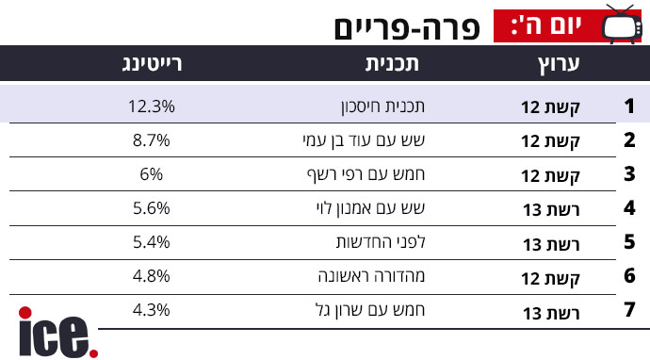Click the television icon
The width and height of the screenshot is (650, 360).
pos(622,25)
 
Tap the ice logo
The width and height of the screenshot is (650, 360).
pos(58,333)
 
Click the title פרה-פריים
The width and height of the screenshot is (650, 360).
pos(407,28)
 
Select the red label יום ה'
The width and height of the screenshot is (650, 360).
pos(547,25)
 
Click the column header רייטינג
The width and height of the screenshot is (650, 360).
pos(152,64)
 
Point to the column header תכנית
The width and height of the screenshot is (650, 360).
pos(392,64)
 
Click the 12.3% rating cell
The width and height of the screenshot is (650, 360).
pos(152,106)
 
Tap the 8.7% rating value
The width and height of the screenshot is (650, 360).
pos(152,140)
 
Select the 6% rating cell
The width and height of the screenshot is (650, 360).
pos(152,174)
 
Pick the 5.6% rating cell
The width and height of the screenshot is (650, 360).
pos(152,208)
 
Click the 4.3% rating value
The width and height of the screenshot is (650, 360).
pos(152,310)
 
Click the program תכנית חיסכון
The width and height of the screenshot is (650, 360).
pos(383,107)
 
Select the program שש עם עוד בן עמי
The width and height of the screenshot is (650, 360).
pos(364,141)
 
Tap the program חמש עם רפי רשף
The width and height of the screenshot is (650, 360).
pos(366,174)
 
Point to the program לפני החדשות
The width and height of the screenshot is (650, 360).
pos(381,242)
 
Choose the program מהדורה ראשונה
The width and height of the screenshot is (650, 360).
pos(372,276)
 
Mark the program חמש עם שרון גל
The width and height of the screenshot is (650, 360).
pos(370,310)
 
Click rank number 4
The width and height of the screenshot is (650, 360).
pos(629,207)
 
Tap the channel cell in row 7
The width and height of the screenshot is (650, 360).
pos(551,313)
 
